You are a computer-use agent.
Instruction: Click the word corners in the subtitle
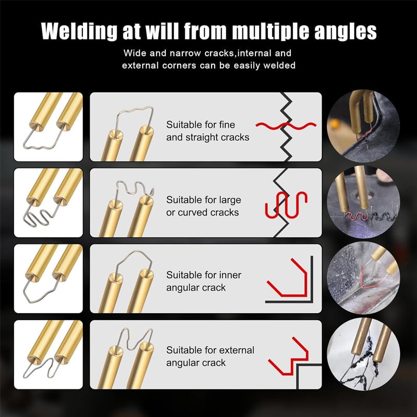coord(177,66)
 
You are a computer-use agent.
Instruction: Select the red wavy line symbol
coord(286,126)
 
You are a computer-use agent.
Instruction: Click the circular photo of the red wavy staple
coord(363,126)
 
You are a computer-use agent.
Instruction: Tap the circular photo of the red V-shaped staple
coord(363,277)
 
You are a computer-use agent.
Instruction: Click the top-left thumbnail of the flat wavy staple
coord(48,126)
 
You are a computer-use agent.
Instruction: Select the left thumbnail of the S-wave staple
coord(48,202)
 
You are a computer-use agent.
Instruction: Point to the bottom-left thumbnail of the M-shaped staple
coord(48,354)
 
